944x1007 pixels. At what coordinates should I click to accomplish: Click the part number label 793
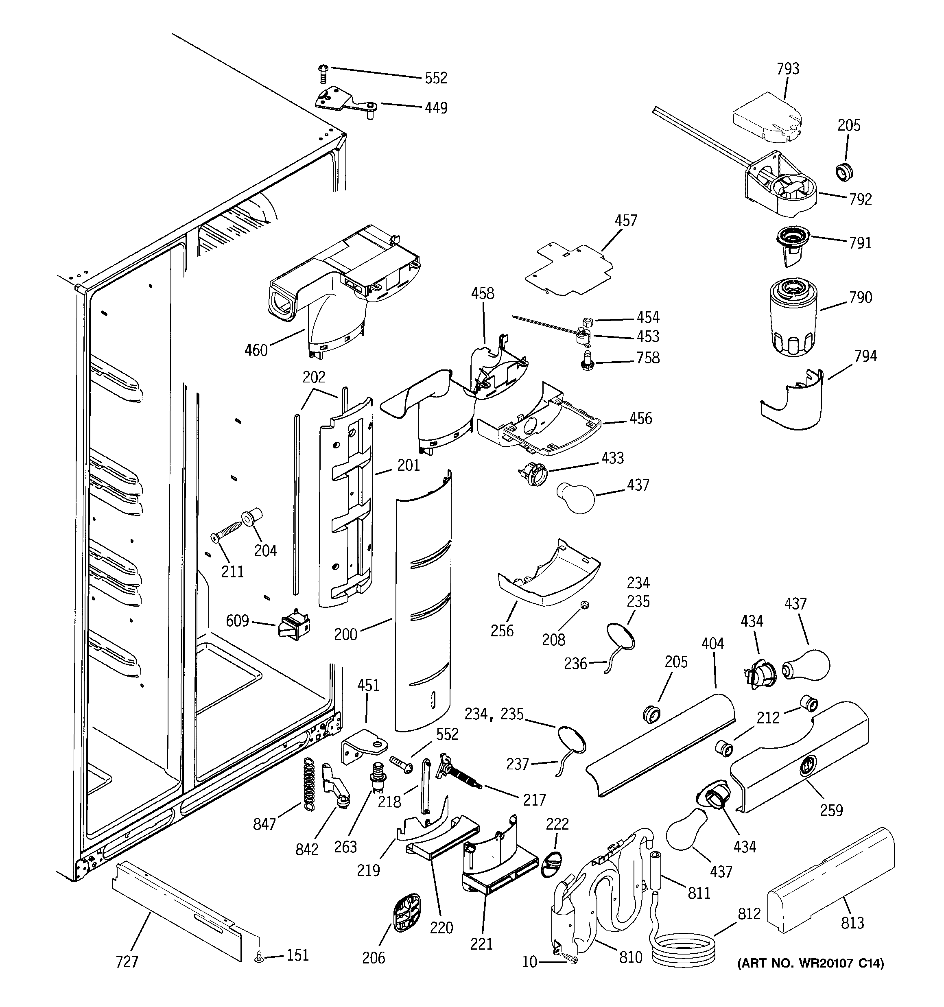tap(788, 69)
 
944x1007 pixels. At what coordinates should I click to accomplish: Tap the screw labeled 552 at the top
tap(323, 74)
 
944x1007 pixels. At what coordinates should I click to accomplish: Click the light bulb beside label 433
tap(577, 498)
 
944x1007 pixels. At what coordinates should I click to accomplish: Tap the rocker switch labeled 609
tap(294, 627)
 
